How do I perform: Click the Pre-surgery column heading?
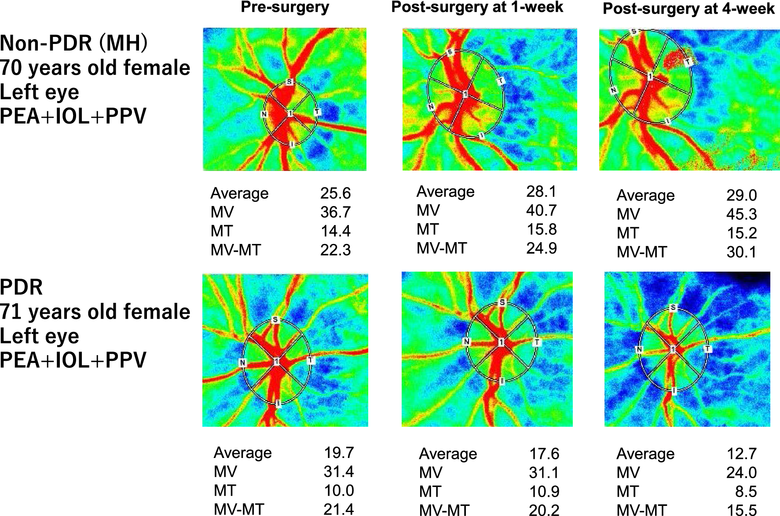[x=285, y=7]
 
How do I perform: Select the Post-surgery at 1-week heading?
[x=477, y=7]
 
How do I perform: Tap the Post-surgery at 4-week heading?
[x=688, y=9]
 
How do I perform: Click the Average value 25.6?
[x=335, y=193]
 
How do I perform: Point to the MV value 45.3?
[x=741, y=214]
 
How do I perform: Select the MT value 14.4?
[x=335, y=231]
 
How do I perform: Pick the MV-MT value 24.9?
[x=541, y=248]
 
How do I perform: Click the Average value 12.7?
[x=741, y=454]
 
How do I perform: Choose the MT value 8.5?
[x=746, y=491]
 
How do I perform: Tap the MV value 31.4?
[x=338, y=472]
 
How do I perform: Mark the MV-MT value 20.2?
[x=544, y=510]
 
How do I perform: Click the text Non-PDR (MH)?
[x=74, y=43]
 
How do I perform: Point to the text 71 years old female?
[x=95, y=312]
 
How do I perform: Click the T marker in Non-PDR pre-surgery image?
[x=317, y=113]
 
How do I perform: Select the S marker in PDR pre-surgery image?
[x=275, y=320]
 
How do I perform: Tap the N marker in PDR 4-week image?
[x=639, y=349]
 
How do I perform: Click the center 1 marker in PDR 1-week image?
[x=501, y=342]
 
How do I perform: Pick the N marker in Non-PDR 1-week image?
[x=431, y=107]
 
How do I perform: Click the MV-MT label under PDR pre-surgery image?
[x=238, y=509]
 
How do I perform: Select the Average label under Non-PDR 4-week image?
[x=645, y=195]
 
